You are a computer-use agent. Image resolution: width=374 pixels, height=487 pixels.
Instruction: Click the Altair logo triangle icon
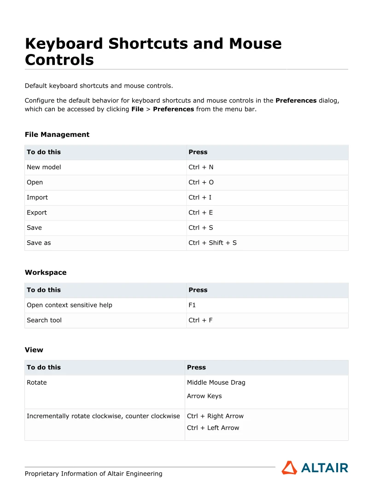click(289, 468)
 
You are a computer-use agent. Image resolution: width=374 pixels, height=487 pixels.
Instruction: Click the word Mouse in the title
click(255, 44)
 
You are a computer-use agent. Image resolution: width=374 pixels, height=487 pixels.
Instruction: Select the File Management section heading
click(57, 135)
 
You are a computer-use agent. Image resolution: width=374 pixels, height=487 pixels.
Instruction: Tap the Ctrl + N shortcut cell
click(201, 167)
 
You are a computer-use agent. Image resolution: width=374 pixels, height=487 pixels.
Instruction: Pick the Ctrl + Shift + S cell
click(212, 243)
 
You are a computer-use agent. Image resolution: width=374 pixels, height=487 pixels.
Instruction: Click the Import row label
click(37, 197)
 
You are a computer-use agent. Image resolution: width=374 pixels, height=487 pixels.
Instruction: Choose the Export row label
click(37, 213)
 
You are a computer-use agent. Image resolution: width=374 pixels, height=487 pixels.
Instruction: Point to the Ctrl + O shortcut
click(201, 183)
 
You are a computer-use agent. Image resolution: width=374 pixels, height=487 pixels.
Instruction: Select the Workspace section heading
click(46, 273)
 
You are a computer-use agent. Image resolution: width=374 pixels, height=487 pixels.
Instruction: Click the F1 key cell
click(192, 305)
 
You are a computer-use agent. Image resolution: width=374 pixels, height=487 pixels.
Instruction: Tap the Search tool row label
click(44, 321)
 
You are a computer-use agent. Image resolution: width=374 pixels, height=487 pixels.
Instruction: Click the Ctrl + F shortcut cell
click(200, 321)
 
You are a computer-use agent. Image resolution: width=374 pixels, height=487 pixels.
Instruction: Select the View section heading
click(34, 350)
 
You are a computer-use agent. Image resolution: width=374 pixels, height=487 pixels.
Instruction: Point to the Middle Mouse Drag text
click(216, 383)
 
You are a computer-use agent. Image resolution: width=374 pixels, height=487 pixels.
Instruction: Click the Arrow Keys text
click(204, 396)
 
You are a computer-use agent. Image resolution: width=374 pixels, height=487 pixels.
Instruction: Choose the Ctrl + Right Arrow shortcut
click(215, 416)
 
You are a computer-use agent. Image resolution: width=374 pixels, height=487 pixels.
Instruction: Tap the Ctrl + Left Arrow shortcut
click(213, 428)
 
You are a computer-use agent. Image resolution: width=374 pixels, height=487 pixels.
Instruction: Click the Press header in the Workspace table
click(198, 290)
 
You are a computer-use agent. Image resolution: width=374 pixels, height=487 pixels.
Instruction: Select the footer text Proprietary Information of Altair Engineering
click(93, 474)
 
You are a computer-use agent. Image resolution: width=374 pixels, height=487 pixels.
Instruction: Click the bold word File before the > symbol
click(137, 109)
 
